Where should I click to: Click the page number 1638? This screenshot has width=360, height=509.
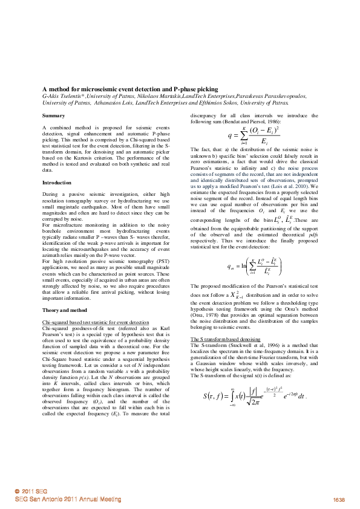tap(339, 500)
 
